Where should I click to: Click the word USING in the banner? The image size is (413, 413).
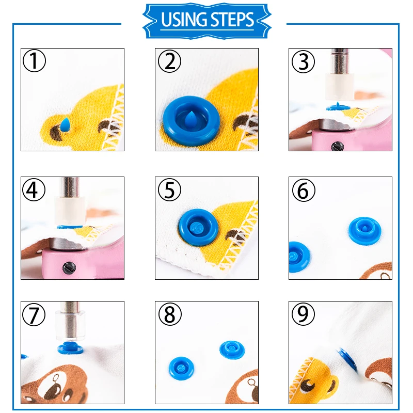tap(183, 20)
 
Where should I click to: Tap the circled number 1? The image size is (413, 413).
tap(34, 60)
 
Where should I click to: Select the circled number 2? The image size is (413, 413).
tap(169, 61)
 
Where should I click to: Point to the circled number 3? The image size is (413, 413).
tap(303, 61)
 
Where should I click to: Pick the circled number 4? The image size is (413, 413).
tap(34, 189)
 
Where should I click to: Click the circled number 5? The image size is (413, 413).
tap(169, 189)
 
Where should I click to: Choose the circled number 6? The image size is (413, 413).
tap(304, 190)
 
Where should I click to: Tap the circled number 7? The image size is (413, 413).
tap(34, 314)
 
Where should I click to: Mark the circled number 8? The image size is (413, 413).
tap(170, 314)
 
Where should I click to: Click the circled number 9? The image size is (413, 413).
tap(303, 314)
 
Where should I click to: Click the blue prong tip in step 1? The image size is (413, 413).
tap(65, 124)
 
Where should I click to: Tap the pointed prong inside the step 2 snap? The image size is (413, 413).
tap(190, 118)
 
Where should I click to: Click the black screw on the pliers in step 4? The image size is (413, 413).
tap(69, 268)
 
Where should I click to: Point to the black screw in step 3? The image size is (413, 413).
tap(337, 146)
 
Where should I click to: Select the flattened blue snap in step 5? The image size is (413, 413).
tap(199, 227)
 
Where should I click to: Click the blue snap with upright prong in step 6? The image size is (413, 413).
tap(365, 230)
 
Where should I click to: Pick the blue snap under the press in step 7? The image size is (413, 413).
tap(70, 348)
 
